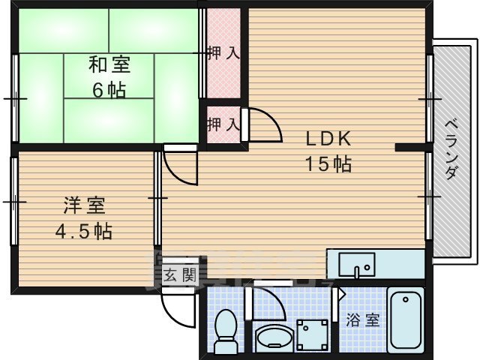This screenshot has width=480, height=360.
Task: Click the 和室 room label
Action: [109, 64]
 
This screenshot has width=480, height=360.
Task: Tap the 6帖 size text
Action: [109, 90]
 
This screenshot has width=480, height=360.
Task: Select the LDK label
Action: [328, 139]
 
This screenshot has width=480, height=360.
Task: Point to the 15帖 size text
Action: [328, 164]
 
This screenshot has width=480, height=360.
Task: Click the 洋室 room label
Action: [84, 204]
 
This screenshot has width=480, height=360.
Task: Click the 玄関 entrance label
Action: [179, 274]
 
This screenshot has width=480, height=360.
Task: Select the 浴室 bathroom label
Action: [362, 320]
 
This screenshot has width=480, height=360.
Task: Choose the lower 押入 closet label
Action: [223, 122]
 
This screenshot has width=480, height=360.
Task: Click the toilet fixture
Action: [224, 330]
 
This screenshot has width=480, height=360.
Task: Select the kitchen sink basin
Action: [355, 265]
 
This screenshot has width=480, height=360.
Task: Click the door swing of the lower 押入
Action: [262, 125]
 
